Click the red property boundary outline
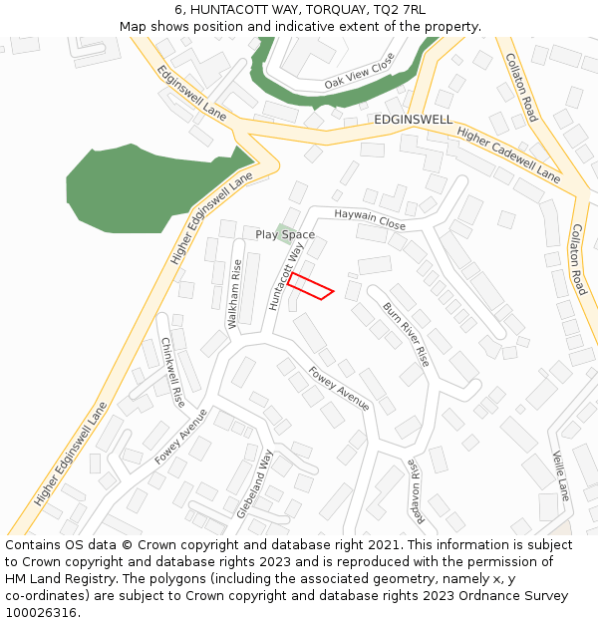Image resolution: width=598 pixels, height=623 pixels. [x=310, y=285]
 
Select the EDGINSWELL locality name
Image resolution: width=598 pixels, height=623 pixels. [x=413, y=120]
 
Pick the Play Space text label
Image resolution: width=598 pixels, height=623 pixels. [x=285, y=235]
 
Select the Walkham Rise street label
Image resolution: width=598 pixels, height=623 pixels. [x=236, y=294]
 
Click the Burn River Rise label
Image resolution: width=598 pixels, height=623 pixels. [x=406, y=334]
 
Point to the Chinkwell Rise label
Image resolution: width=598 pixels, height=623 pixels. [x=172, y=371]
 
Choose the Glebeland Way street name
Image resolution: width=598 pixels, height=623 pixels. [x=255, y=482]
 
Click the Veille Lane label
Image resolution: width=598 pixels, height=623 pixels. [x=560, y=475]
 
